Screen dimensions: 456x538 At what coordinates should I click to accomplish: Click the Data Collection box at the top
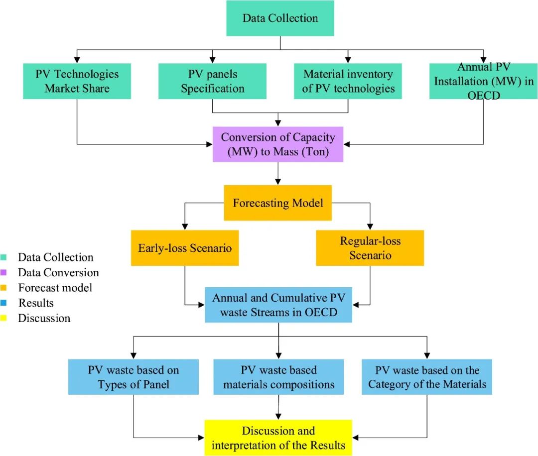pyautogui.click(x=280, y=18)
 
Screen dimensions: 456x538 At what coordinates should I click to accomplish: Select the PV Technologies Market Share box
pyautogui.click(x=77, y=81)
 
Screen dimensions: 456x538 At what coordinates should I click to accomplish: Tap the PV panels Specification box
pyautogui.click(x=213, y=81)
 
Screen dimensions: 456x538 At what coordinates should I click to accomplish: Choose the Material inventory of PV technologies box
pyautogui.click(x=348, y=81)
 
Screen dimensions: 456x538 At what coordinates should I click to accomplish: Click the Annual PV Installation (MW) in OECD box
pyautogui.click(x=483, y=81)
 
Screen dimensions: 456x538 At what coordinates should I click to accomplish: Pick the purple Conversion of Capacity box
pyautogui.click(x=278, y=144)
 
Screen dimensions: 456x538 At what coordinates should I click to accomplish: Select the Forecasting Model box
pyautogui.click(x=278, y=203)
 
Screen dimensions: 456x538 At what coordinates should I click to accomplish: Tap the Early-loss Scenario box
pyautogui.click(x=185, y=247)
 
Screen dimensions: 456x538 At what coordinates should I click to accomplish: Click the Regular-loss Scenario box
pyautogui.click(x=370, y=247)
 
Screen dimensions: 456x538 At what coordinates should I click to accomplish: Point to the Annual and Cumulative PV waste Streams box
pyautogui.click(x=278, y=305)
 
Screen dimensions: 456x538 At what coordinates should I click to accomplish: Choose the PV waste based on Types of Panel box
pyautogui.click(x=134, y=377)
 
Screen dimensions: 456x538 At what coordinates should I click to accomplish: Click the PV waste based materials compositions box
pyautogui.click(x=278, y=377)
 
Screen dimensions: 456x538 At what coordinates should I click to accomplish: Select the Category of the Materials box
pyautogui.click(x=427, y=377)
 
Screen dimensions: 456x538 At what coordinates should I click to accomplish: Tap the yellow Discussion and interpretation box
pyautogui.click(x=278, y=438)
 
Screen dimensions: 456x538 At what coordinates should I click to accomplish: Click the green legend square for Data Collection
pyautogui.click(x=4, y=257)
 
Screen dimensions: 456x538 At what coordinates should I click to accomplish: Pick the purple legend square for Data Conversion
pyautogui.click(x=4, y=272)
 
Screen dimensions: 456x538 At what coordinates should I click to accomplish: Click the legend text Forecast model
pyautogui.click(x=55, y=288)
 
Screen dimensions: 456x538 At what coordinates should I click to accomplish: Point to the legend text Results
pyautogui.click(x=36, y=303)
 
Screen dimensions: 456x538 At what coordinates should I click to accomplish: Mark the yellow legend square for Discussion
pyautogui.click(x=4, y=318)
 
